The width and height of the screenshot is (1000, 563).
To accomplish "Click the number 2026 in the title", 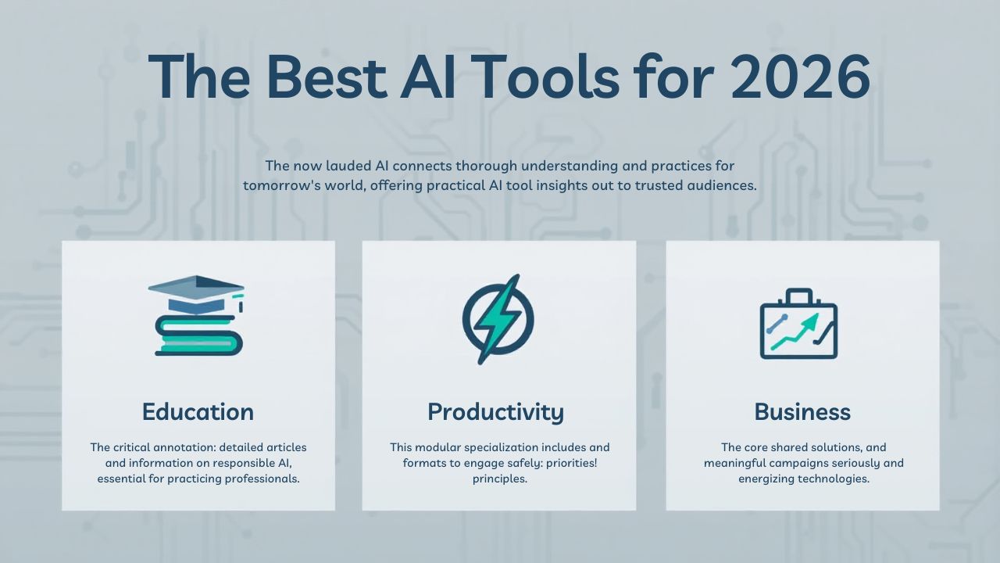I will (800, 77).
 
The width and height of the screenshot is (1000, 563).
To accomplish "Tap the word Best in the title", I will (326, 77).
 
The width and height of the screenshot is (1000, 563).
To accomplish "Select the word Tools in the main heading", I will (536, 77).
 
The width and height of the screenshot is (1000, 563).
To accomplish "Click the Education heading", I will (198, 411).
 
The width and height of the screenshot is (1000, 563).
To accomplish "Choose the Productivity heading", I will (495, 411).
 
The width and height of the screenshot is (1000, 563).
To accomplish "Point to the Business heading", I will (802, 411).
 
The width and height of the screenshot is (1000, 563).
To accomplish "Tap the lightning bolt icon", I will (498, 319).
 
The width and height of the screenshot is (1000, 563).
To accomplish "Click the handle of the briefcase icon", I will (798, 296).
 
